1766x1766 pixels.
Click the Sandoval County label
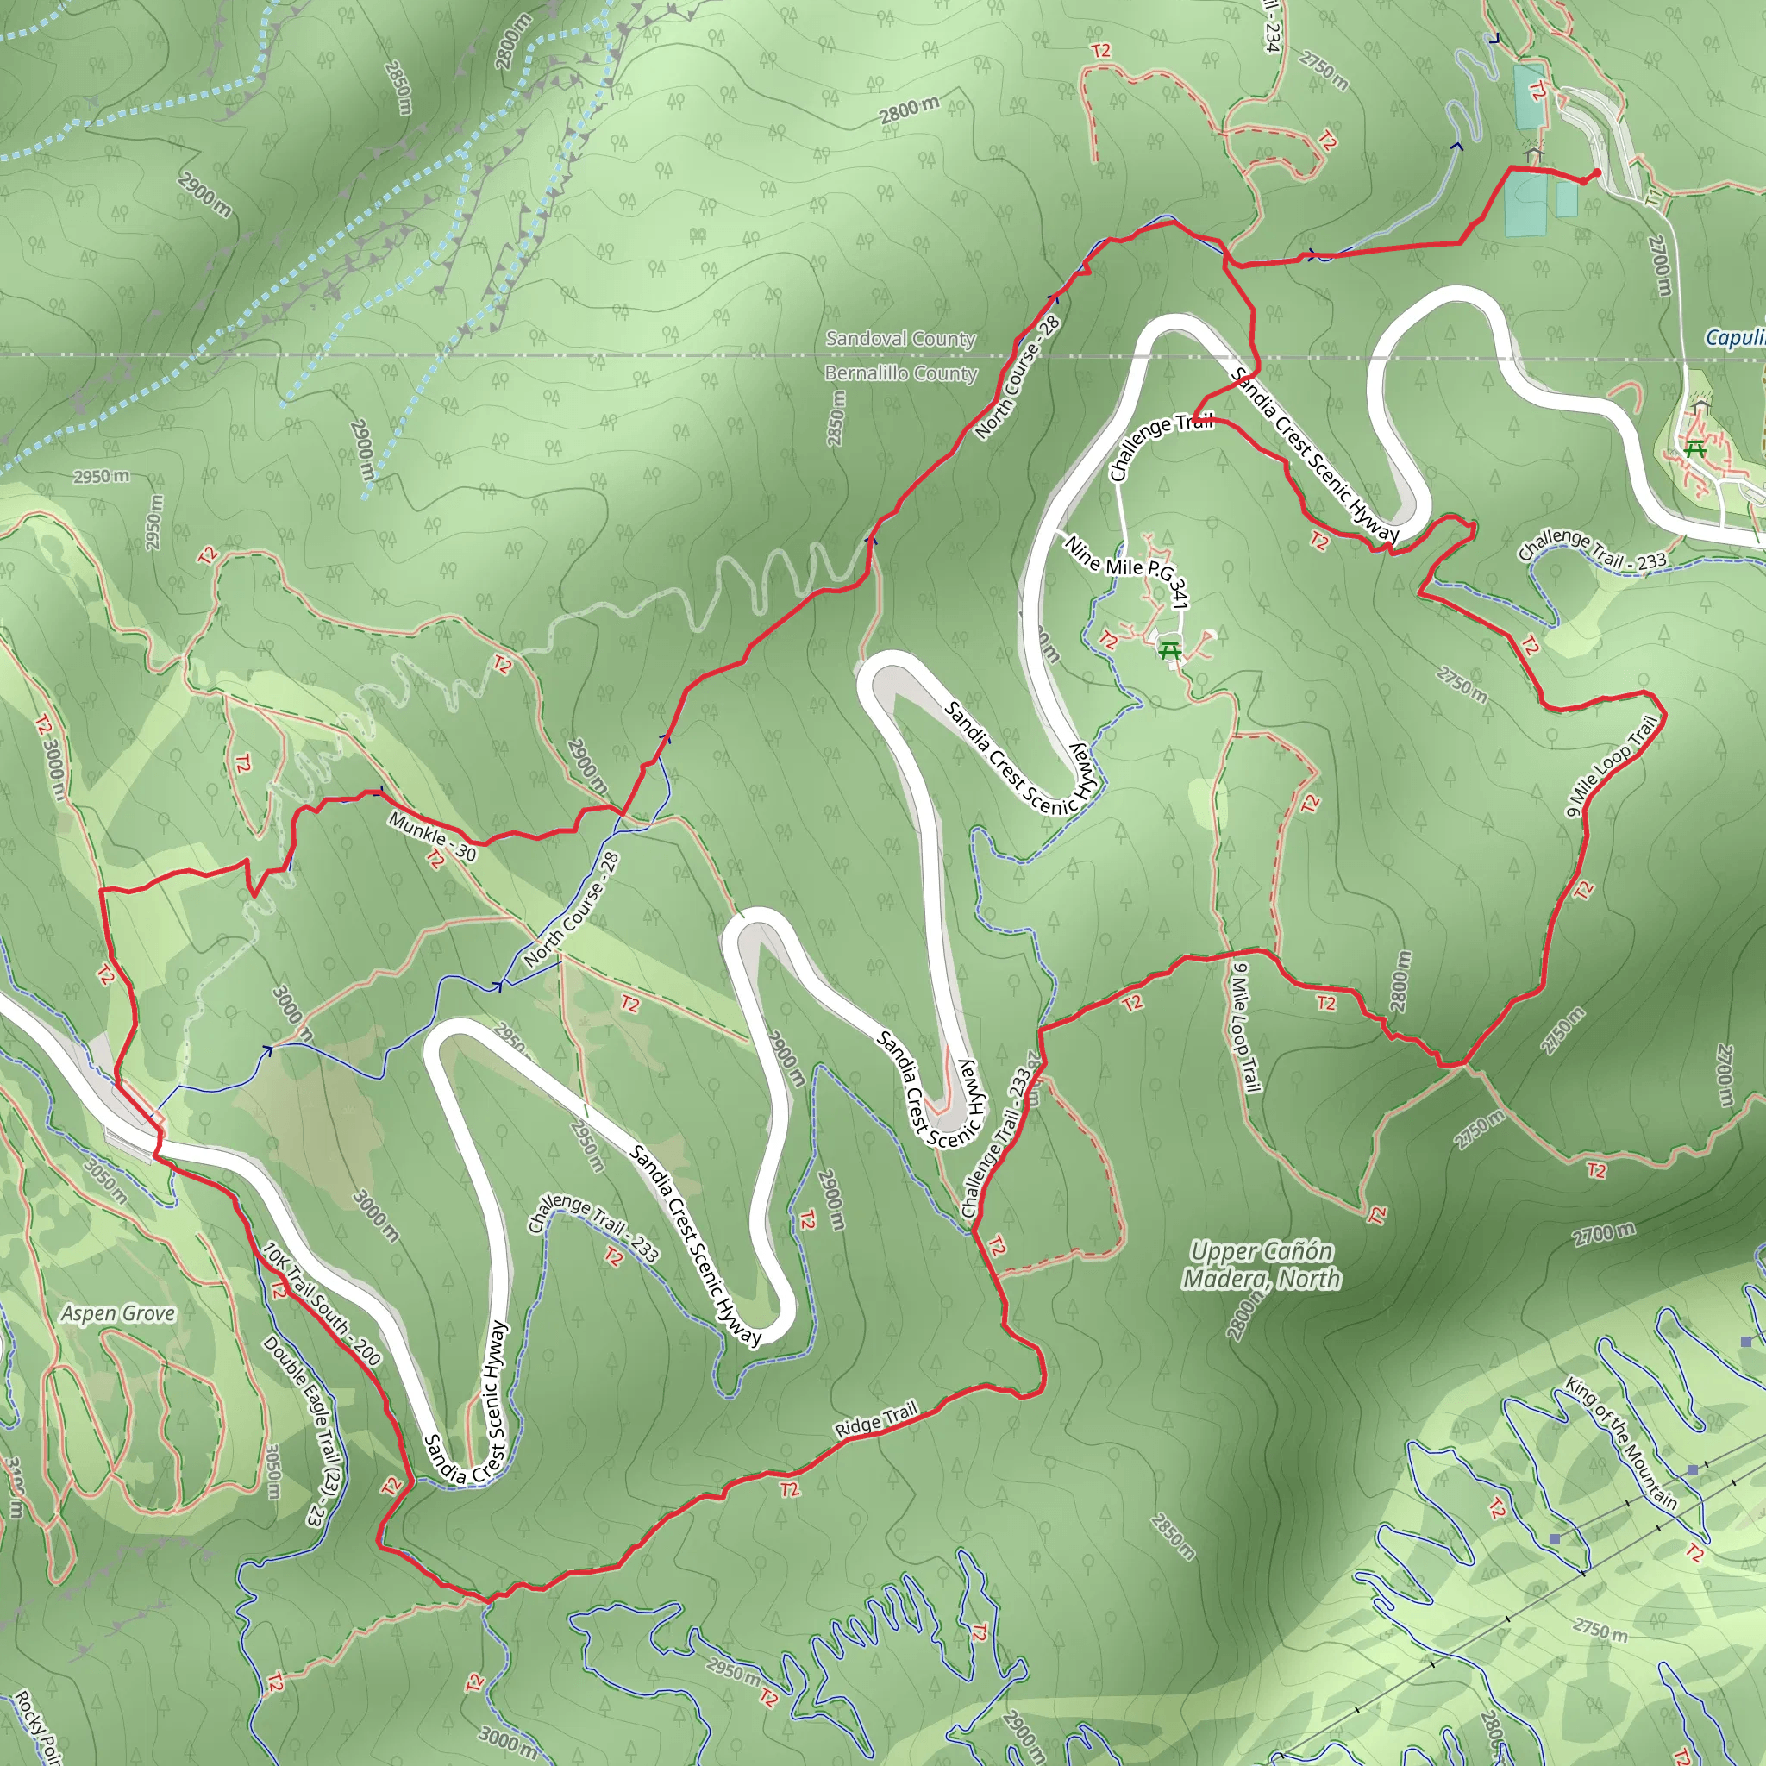(x=900, y=338)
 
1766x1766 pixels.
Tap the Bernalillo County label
(x=900, y=373)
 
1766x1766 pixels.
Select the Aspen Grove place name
(x=118, y=1313)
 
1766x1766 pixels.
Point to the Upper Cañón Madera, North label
(x=1262, y=1265)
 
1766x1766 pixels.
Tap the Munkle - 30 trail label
(x=432, y=836)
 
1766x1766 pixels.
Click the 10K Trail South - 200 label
(x=321, y=1303)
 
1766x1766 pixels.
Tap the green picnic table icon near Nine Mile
(x=1169, y=652)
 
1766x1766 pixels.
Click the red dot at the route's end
(x=1596, y=172)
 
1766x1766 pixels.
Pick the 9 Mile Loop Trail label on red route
(x=1612, y=766)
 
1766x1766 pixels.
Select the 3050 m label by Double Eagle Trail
(x=272, y=1471)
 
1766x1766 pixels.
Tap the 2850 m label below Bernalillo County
(x=836, y=418)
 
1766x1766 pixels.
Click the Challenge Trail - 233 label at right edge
(x=1592, y=549)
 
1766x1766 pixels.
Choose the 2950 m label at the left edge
(x=102, y=476)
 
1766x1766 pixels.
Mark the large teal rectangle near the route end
(x=1524, y=203)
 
